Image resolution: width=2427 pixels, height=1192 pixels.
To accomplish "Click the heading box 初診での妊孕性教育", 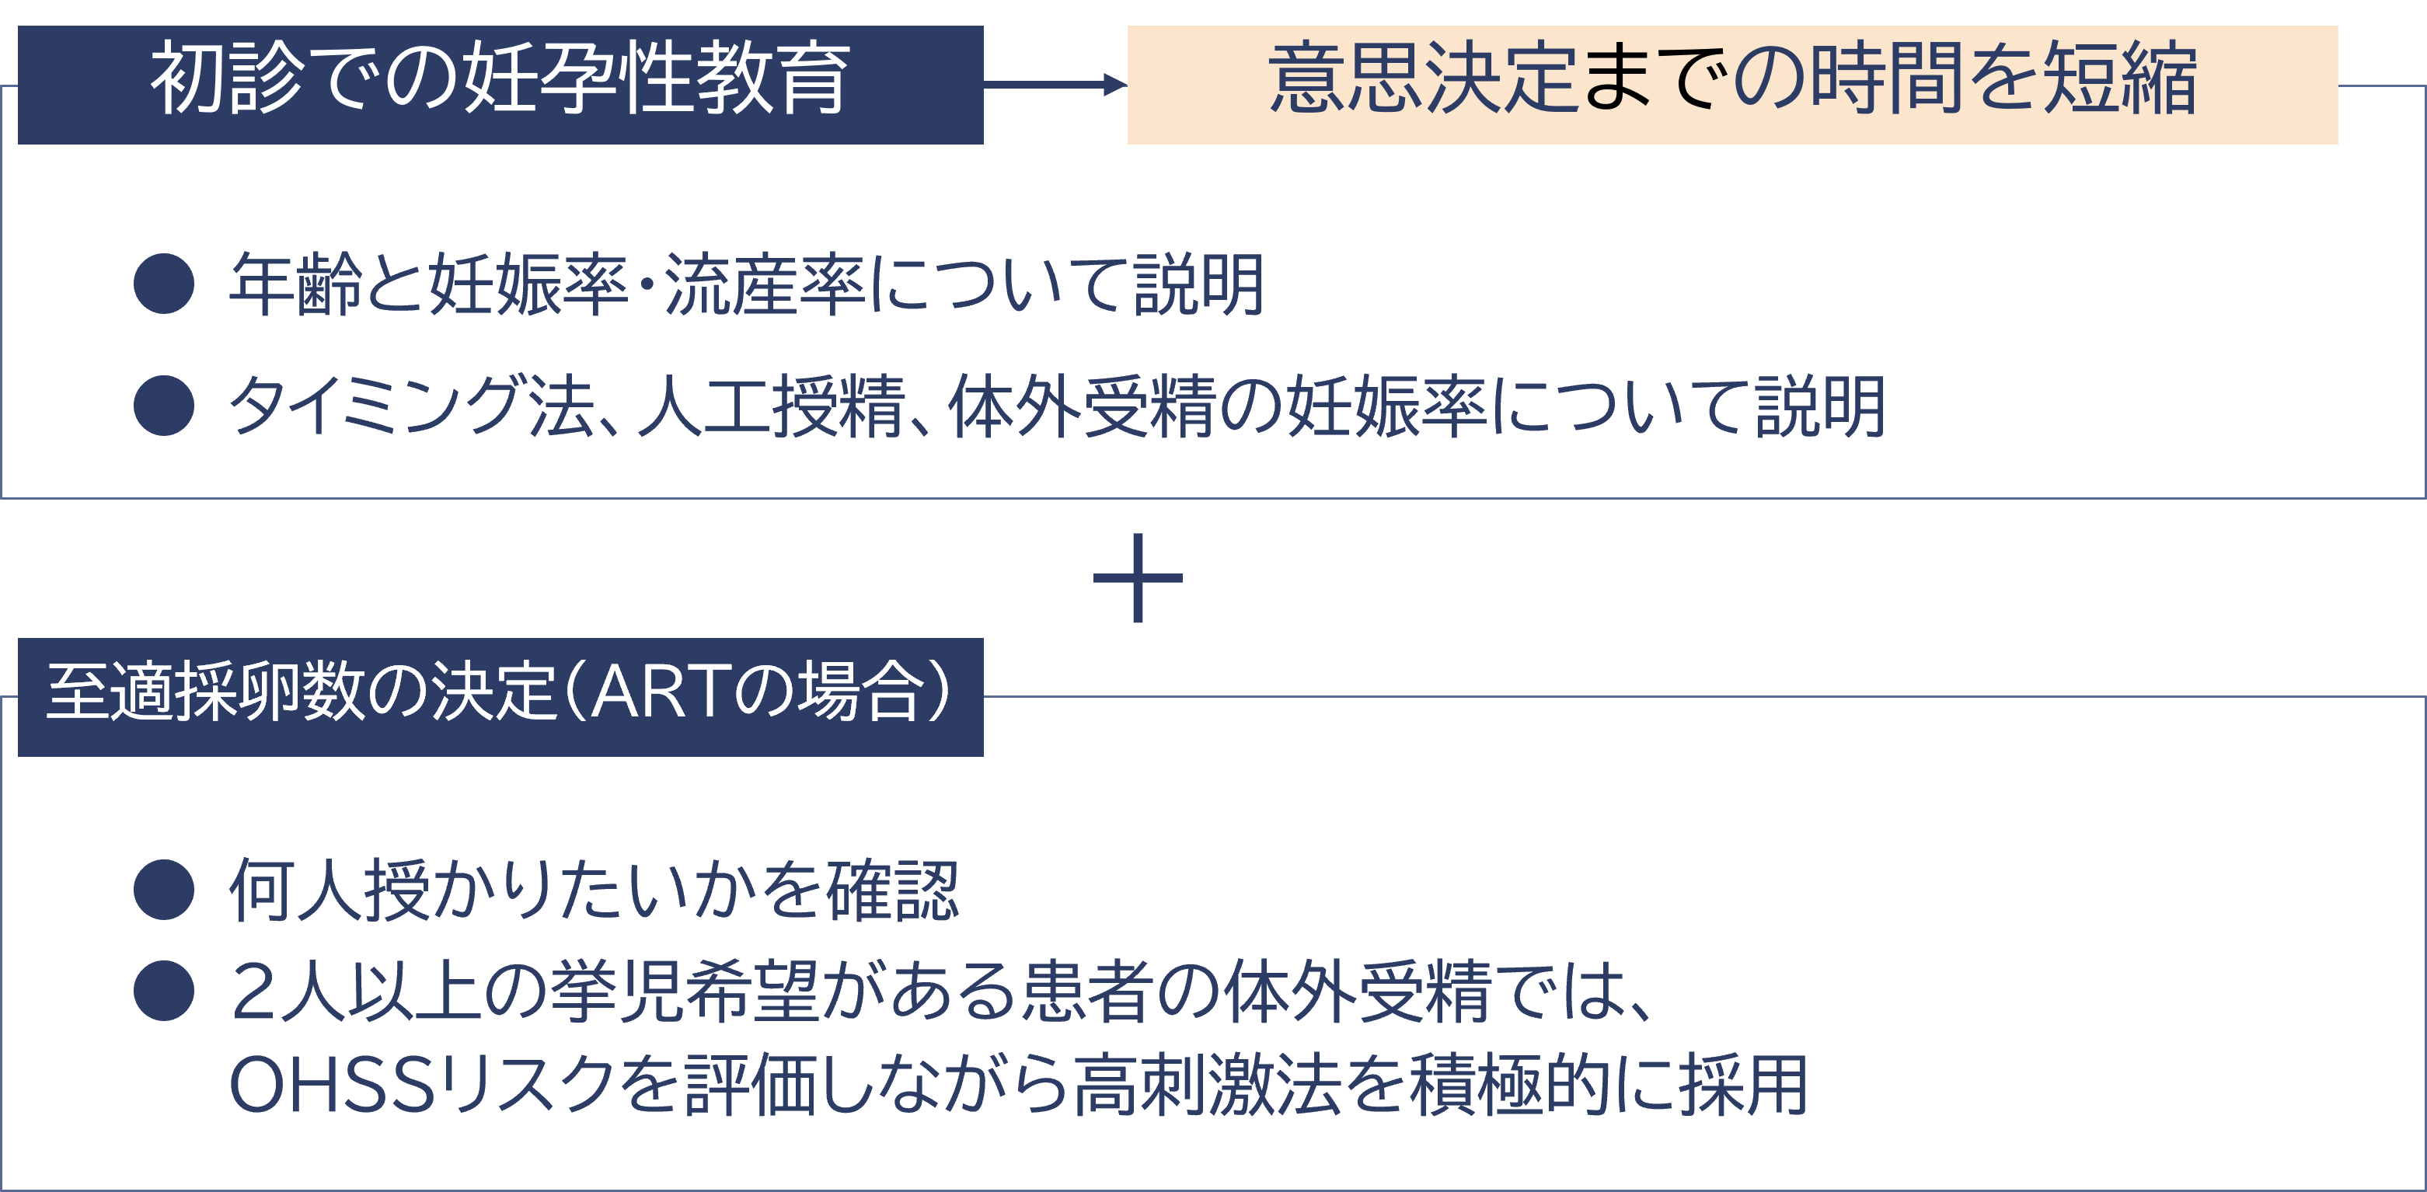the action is coord(500,84).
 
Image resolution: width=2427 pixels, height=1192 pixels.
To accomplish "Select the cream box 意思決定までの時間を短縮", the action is coord(1731,84).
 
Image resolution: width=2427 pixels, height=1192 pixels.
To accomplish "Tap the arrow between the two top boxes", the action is coord(1055,85).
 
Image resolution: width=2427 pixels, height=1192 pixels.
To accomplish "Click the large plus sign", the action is coord(1137,577).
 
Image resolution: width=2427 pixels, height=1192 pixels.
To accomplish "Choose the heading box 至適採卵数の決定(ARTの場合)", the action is coord(500,696).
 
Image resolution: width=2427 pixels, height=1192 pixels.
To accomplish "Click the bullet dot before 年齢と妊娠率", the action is coord(164,283).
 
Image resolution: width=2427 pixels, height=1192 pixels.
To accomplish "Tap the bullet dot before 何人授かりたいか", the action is coord(164,889).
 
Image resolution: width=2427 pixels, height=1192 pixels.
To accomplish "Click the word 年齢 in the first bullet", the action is coord(295,284).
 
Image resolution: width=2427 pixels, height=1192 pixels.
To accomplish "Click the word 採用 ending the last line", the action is coord(1742,1085).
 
